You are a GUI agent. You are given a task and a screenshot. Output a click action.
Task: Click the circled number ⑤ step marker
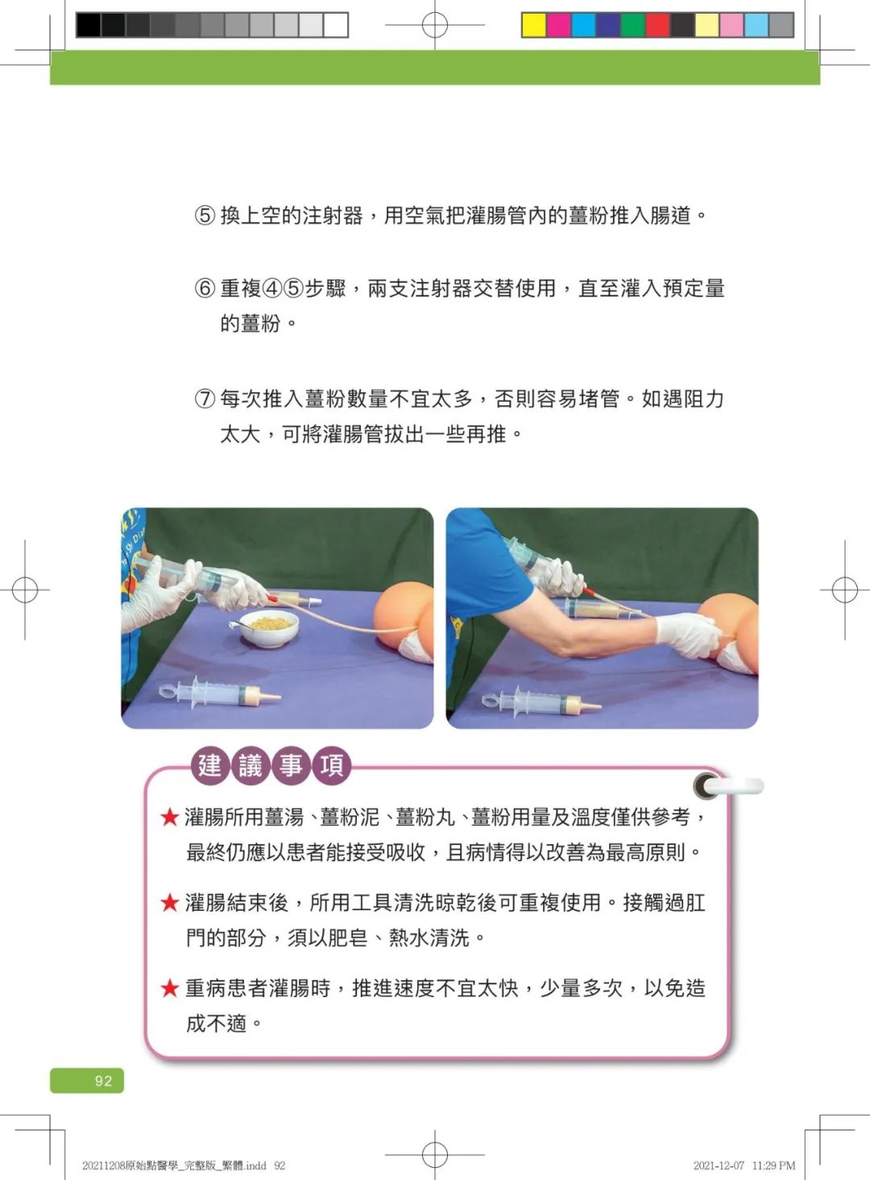tap(205, 215)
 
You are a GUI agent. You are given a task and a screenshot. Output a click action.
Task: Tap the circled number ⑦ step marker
tap(205, 399)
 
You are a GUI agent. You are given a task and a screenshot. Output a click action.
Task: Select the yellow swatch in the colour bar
tap(533, 25)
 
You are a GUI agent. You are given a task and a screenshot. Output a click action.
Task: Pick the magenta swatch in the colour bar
tap(558, 25)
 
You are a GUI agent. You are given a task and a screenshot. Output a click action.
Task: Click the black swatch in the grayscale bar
tap(88, 25)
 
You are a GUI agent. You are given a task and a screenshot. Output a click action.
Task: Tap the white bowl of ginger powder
tap(270, 628)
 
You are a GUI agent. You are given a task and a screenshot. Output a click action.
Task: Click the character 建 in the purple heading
tap(209, 765)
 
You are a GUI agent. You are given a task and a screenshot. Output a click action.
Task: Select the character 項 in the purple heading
tap(332, 765)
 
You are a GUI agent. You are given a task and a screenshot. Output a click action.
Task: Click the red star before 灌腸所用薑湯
tap(170, 818)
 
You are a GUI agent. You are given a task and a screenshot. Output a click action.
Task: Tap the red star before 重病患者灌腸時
tap(170, 988)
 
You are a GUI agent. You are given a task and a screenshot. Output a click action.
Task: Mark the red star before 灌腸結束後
tap(170, 903)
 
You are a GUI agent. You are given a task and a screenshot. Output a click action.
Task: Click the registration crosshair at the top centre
tap(435, 25)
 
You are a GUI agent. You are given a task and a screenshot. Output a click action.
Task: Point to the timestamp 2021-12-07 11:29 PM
tap(744, 1166)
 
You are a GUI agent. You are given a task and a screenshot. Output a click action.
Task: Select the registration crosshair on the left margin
tap(25, 590)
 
